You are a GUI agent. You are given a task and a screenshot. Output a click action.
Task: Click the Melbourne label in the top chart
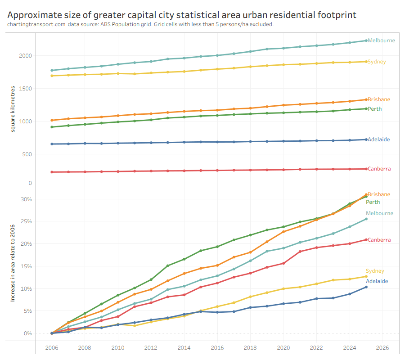coord(381,40)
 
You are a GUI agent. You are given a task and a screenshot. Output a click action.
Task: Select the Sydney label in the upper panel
coord(377,62)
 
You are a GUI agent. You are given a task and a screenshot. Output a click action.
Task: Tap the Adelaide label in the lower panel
coord(377,281)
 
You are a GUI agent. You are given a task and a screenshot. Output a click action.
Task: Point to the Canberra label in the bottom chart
coord(379,240)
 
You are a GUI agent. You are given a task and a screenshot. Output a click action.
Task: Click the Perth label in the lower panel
coord(373,202)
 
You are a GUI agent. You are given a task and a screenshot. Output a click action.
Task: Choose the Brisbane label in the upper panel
coord(378,99)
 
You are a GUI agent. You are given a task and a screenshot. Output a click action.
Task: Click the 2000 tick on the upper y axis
coord(25,56)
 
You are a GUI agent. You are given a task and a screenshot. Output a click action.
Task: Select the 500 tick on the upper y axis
coord(27,154)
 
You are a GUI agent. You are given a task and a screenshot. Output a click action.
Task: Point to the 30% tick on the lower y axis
coord(27,199)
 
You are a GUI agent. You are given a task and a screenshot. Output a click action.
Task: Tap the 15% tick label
coord(27,266)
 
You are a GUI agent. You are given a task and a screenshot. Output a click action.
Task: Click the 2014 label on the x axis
coord(184,348)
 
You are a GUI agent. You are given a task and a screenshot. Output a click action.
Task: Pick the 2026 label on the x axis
coord(382,348)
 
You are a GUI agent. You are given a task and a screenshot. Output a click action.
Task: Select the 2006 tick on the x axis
coord(52,348)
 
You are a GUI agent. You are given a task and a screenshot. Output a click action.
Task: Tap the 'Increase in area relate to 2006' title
coord(13,264)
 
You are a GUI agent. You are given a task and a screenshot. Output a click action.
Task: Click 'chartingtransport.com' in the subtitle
coord(36,24)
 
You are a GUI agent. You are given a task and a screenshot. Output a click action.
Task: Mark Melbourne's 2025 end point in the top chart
coord(366,40)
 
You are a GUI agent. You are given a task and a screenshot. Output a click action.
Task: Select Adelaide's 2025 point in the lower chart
coord(366,287)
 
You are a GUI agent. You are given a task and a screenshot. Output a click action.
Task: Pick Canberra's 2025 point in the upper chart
coord(366,169)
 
